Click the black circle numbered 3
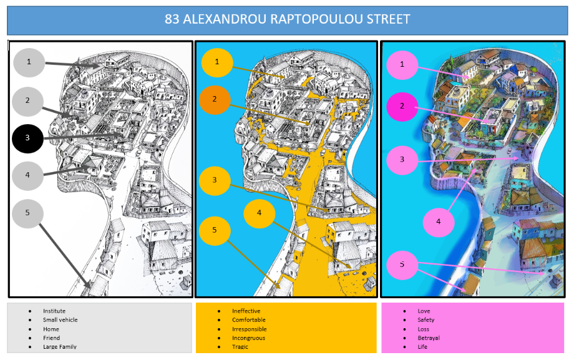27,139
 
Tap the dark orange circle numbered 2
215,100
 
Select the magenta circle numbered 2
402,107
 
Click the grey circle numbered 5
27,213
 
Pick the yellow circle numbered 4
259,213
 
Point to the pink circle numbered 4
438,222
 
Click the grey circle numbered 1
29,62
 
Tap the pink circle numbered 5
402,265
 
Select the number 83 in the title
172,19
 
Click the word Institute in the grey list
54,311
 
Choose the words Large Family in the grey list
60,346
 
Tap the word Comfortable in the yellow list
248,319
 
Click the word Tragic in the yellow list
240,346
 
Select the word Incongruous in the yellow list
248,338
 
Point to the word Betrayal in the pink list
428,338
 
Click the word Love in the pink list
424,311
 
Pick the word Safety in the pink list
426,319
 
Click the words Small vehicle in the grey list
60,319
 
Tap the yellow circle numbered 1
217,62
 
